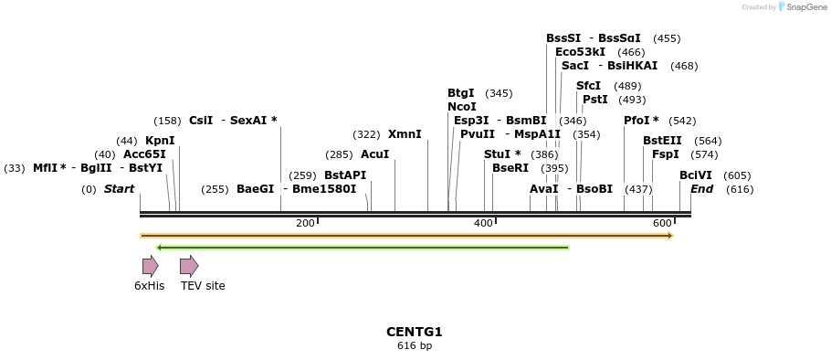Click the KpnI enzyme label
(160, 141)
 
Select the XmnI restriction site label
(405, 134)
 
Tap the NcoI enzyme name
(461, 107)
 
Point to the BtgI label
(460, 93)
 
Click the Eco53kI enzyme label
(580, 52)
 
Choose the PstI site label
(594, 100)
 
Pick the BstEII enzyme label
(662, 141)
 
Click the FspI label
(665, 154)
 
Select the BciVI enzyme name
(695, 175)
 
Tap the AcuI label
(374, 154)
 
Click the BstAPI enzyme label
(345, 175)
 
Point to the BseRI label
(510, 168)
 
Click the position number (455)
(667, 38)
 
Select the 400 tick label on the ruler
(484, 223)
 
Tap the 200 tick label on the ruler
(305, 223)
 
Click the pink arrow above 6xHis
(150, 266)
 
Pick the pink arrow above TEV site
(189, 266)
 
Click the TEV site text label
(203, 286)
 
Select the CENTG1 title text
(415, 332)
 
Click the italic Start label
(119, 189)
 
